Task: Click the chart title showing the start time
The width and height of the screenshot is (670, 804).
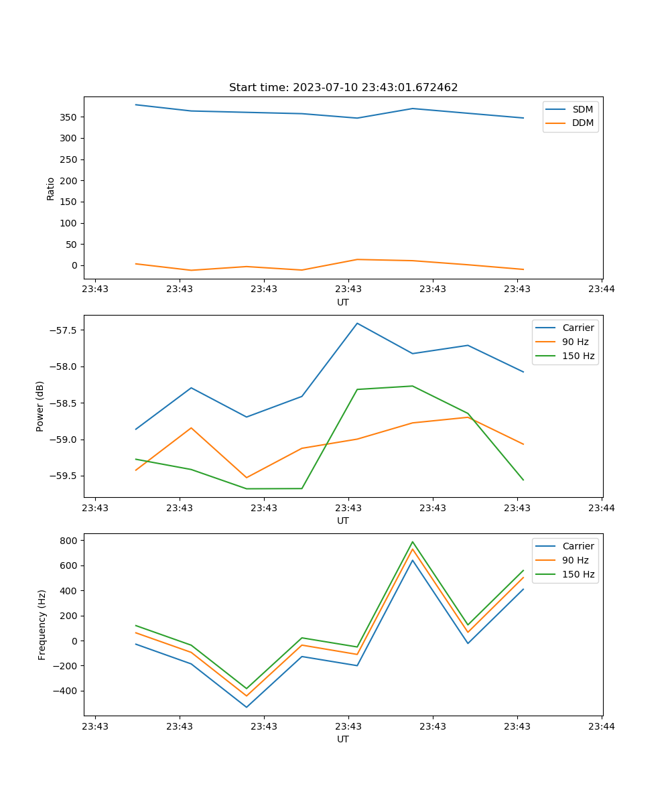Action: (343, 88)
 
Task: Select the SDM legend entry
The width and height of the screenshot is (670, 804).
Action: (582, 109)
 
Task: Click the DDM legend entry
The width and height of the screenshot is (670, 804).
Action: (582, 123)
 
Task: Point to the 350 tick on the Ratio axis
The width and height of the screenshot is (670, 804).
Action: (69, 117)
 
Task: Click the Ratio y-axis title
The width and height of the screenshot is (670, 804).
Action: (51, 188)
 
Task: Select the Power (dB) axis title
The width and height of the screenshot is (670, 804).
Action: (40, 406)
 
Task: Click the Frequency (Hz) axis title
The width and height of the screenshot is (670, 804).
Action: (42, 624)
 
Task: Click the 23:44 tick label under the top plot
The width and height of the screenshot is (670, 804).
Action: (601, 289)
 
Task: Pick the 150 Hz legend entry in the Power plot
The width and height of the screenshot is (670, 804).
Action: (578, 356)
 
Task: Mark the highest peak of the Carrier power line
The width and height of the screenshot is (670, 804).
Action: (357, 323)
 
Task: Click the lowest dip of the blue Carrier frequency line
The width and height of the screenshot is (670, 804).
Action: (247, 707)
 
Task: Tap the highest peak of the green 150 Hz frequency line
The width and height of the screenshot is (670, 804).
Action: (413, 542)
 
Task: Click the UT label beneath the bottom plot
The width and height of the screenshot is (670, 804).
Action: (343, 739)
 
